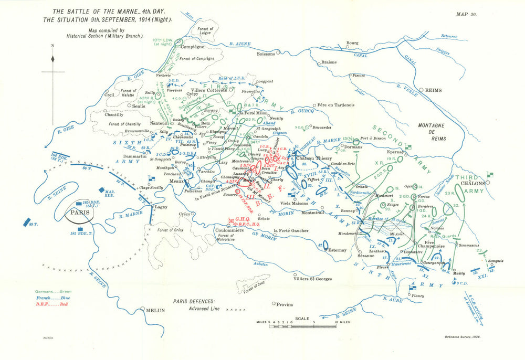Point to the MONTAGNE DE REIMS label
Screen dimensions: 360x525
click(x=432, y=131)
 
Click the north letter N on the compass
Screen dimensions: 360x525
click(x=53, y=45)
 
